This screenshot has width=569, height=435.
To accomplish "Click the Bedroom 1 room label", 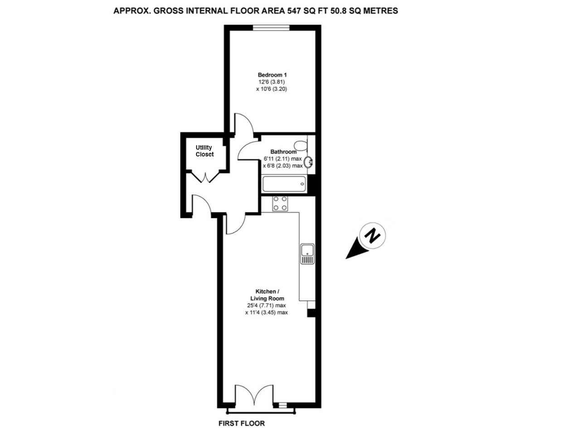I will point(272,75).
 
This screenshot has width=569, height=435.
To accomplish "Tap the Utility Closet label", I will point(204,151).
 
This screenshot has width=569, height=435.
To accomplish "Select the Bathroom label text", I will point(283,152).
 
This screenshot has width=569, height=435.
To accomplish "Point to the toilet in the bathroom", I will point(300,145).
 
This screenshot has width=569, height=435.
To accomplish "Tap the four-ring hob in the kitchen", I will point(280,203).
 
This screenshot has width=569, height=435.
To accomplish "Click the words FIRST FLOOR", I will point(242,424).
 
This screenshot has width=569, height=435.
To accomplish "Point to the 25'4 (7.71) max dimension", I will point(266,305).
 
